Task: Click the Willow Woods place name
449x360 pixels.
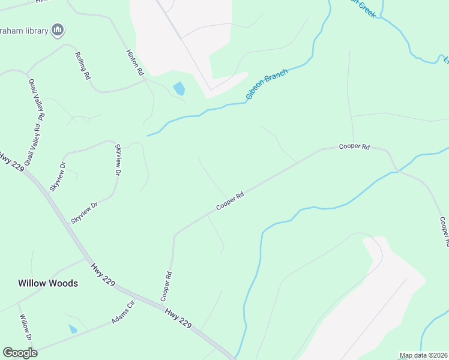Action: [48, 283]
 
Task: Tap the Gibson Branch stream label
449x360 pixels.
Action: [267, 85]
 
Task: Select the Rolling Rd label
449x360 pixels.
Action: [82, 66]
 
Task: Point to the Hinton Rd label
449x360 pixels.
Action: [135, 61]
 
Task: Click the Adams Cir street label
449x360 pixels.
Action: [123, 313]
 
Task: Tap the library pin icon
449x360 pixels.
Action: [58, 29]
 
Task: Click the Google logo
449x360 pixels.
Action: [20, 353]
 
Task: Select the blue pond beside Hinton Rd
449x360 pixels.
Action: [179, 89]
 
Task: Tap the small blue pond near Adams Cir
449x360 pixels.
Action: [73, 329]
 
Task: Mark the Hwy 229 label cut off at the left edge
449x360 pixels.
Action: [10, 160]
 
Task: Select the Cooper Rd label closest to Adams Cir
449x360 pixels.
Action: [167, 287]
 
